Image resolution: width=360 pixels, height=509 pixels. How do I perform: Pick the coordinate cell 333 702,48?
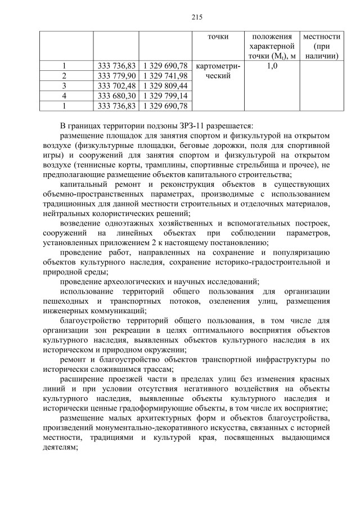[x=116, y=85]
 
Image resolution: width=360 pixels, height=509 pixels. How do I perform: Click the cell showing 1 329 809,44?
[x=165, y=85]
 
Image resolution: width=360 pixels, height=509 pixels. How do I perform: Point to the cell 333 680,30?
[x=116, y=96]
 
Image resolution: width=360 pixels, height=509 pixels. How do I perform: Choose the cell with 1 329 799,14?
[x=165, y=96]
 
